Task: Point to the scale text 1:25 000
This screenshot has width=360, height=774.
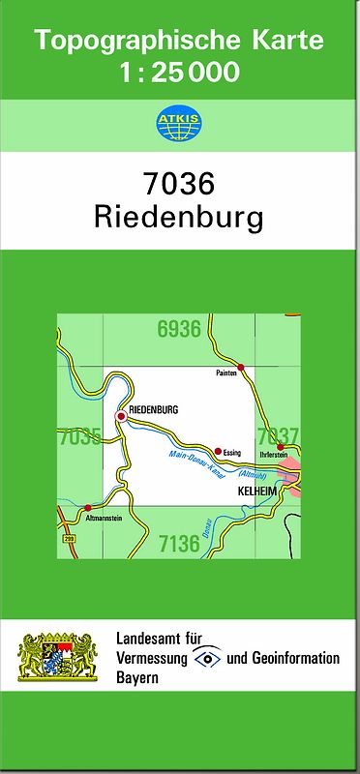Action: [x=179, y=74]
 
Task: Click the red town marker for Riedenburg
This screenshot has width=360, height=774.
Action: [x=121, y=416]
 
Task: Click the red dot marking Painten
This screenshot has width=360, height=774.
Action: [x=242, y=368]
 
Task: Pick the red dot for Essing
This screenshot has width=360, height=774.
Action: [x=218, y=451]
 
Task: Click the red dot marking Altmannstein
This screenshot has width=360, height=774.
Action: [x=87, y=507]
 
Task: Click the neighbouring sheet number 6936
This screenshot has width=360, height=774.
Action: [x=178, y=329]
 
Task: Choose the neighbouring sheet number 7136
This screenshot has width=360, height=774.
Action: [x=178, y=543]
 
